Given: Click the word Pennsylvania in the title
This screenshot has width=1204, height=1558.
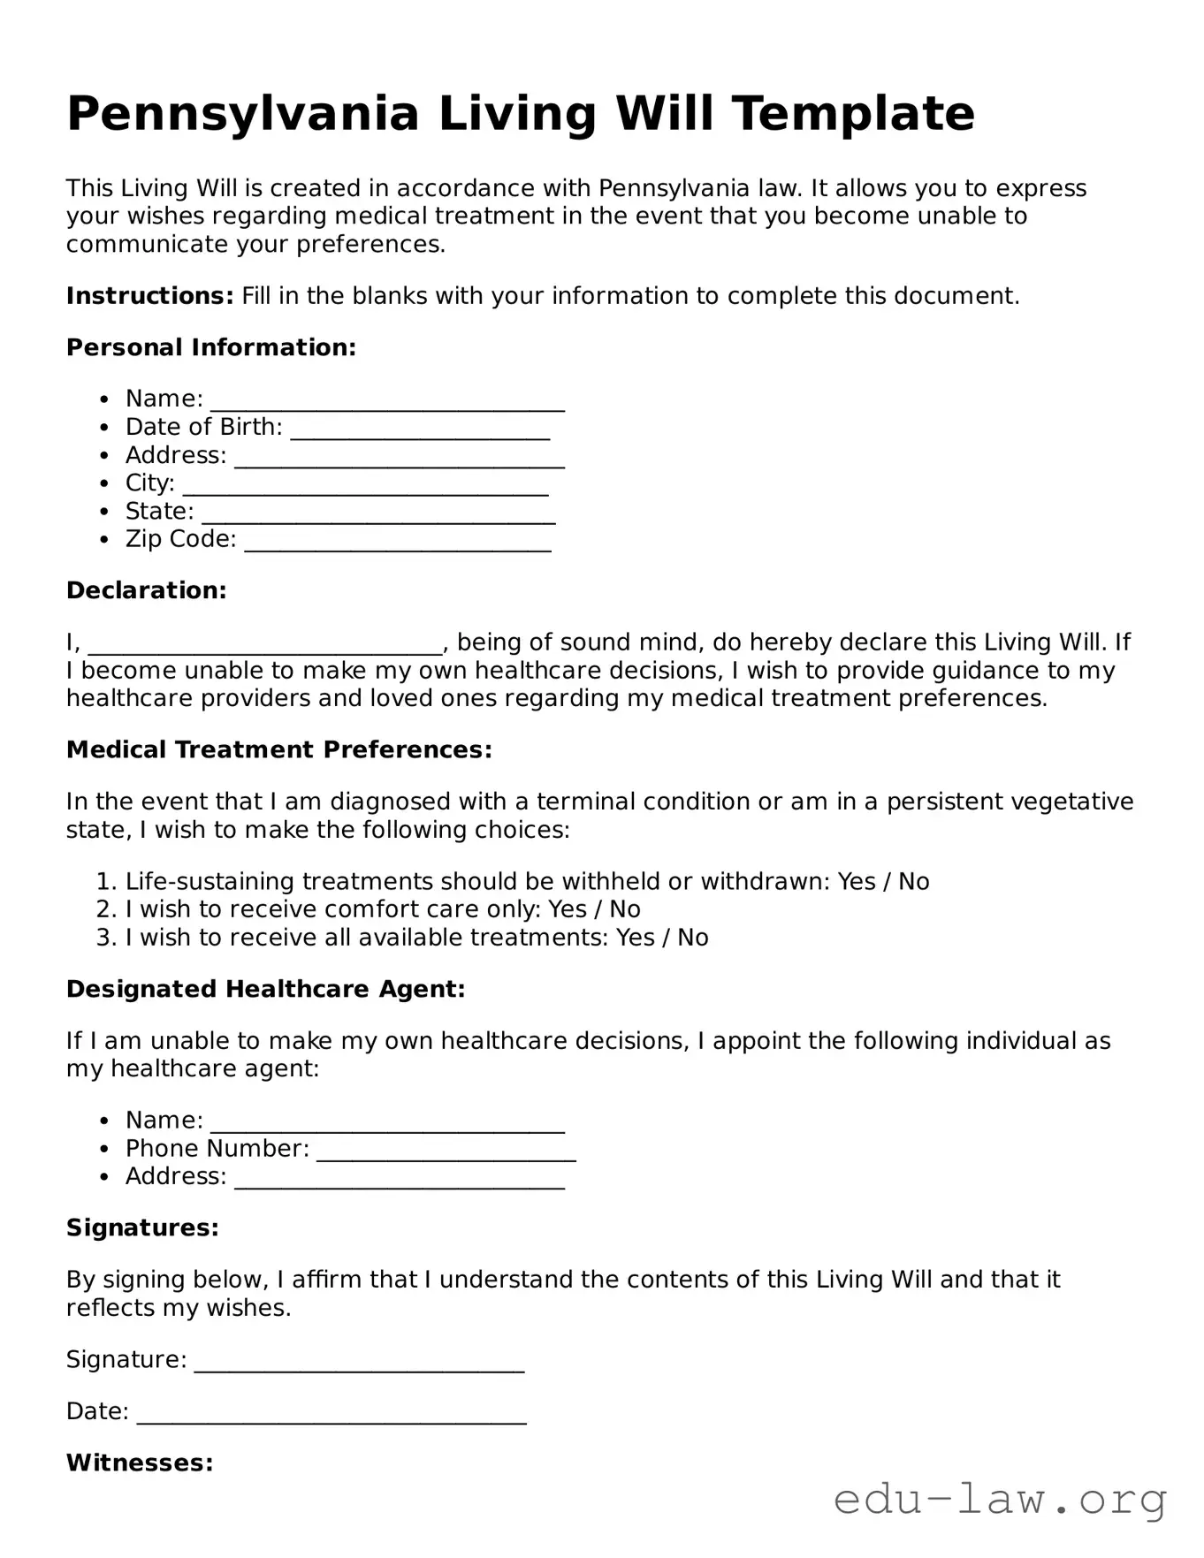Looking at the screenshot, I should [242, 114].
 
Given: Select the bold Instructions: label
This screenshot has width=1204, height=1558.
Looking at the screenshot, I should [149, 295].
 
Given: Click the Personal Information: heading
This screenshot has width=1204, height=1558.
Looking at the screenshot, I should [211, 347].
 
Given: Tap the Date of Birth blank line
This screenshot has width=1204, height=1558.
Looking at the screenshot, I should [420, 429].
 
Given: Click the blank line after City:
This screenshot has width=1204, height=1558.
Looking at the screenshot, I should [365, 485].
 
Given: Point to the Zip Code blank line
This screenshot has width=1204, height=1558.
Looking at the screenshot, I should [397, 541].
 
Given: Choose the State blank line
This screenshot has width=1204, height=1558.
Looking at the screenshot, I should [378, 513].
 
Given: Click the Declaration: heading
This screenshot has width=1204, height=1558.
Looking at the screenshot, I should [147, 590].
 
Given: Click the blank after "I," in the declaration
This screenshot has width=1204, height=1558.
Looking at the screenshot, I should [265, 644].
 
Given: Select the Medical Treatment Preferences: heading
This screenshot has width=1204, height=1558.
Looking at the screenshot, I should [279, 750].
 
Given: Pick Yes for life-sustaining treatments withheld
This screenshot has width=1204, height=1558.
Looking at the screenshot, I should [856, 881].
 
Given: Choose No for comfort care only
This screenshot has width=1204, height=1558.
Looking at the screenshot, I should [625, 909].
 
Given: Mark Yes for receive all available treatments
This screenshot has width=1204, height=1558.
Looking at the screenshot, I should [635, 938].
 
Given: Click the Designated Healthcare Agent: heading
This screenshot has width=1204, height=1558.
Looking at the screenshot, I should [265, 989].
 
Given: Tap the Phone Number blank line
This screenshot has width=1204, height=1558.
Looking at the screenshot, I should [446, 1151].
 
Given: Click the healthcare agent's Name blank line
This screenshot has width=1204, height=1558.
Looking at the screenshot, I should [387, 1122].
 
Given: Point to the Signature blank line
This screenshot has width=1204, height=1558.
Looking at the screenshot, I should [359, 1362].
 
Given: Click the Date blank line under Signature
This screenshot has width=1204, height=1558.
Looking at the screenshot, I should [331, 1414].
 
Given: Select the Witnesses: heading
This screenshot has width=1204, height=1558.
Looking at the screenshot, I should [140, 1463].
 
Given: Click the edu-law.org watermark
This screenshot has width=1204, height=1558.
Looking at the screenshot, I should [1001, 1500].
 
